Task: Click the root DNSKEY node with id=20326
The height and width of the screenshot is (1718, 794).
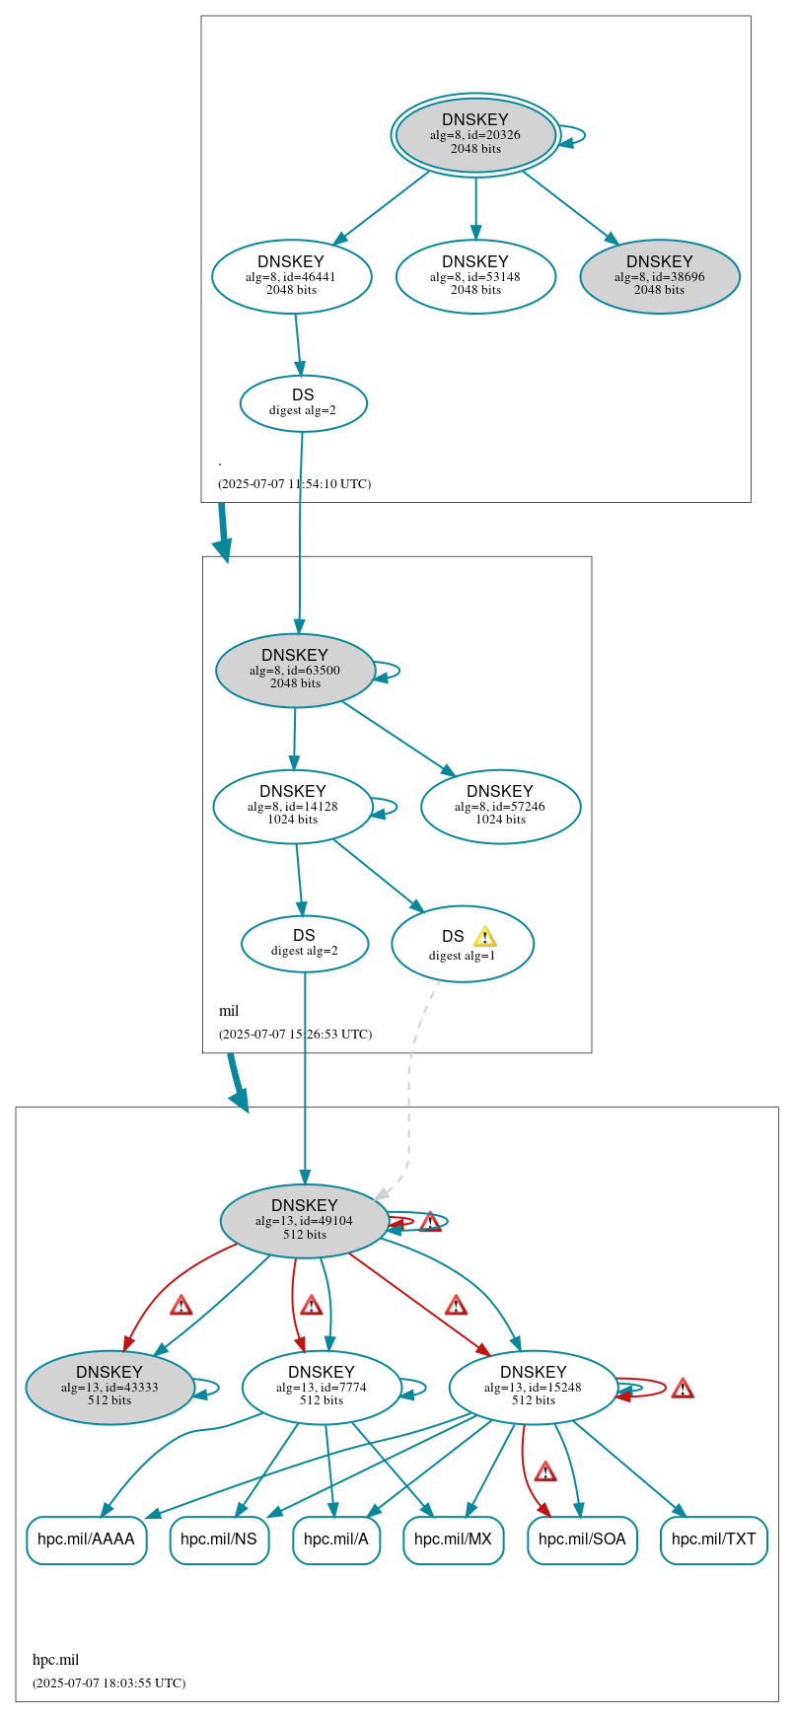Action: (475, 134)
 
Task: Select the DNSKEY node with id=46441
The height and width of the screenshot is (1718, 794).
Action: (291, 276)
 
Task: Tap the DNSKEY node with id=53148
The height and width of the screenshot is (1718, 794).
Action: (475, 276)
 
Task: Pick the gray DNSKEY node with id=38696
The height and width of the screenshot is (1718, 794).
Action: (659, 276)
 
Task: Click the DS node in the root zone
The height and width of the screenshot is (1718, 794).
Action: (303, 402)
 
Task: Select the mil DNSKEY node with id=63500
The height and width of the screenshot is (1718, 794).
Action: (295, 670)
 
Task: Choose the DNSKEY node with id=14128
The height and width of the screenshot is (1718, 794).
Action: (293, 806)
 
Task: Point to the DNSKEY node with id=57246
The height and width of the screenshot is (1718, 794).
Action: (500, 806)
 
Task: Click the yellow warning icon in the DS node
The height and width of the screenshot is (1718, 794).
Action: (484, 937)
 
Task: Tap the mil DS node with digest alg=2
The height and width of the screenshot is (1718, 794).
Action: (304, 943)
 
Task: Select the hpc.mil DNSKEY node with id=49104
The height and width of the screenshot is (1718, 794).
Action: (304, 1220)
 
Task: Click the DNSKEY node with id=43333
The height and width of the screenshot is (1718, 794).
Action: (109, 1387)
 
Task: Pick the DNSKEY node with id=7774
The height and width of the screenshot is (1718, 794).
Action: (322, 1387)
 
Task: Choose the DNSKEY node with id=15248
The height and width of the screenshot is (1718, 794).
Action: (533, 1387)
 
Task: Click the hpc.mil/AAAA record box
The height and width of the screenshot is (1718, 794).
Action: (86, 1539)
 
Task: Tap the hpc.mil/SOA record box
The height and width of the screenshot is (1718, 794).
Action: (582, 1539)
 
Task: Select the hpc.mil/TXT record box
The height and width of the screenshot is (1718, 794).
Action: (713, 1539)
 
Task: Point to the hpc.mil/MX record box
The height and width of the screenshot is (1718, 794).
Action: (453, 1539)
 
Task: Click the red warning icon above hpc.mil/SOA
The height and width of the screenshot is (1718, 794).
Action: (545, 1472)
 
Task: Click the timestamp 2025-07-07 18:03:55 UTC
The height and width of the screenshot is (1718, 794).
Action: (108, 1682)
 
